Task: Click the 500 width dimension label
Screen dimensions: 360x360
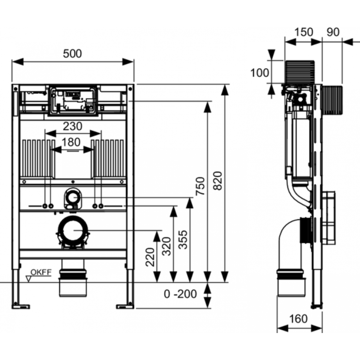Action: tap(72, 54)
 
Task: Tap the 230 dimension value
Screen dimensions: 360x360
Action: tap(73, 126)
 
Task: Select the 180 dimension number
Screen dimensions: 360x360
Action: tap(71, 142)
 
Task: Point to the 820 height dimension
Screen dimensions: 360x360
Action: tap(218, 181)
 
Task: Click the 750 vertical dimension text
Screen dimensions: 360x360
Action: tap(200, 186)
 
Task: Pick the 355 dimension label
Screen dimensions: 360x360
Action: tap(183, 240)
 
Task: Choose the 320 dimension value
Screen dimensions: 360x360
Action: tap(167, 246)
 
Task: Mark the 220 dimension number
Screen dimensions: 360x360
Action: tap(150, 257)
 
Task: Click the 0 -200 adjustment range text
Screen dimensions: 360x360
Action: tap(180, 294)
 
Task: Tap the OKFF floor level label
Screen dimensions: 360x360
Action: tap(41, 272)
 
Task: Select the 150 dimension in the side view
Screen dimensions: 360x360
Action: tap(304, 32)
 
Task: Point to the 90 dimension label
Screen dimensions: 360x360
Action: tap(333, 32)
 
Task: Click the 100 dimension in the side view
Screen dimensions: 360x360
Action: tap(260, 73)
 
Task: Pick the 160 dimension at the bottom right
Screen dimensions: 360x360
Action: tap(298, 319)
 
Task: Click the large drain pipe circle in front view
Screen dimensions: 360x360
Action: tap(73, 230)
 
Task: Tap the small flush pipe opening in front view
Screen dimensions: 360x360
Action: tap(73, 197)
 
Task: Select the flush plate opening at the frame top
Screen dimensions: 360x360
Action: tap(73, 100)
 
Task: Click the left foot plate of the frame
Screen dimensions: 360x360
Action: tap(21, 306)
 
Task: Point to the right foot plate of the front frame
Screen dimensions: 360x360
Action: tap(125, 306)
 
